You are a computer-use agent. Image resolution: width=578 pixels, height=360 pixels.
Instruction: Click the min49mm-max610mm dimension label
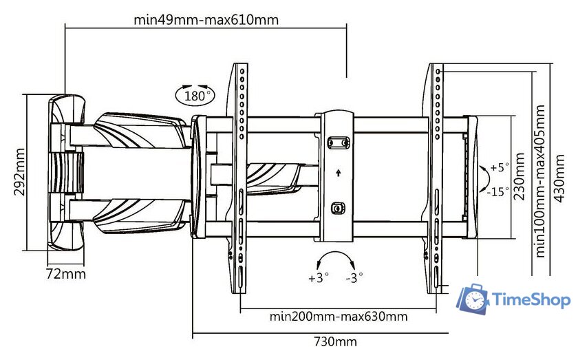[x=206, y=20]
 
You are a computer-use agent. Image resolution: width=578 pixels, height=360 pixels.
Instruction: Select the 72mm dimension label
[x=66, y=274]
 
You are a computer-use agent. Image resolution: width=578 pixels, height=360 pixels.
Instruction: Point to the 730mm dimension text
[x=336, y=341]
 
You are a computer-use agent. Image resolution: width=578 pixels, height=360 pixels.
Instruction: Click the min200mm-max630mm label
[x=338, y=317]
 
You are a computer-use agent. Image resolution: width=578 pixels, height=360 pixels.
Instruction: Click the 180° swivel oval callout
[x=195, y=95]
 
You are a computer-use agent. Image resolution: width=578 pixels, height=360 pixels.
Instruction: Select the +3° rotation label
[x=319, y=277]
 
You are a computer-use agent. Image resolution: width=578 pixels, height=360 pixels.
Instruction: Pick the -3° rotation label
[x=355, y=277]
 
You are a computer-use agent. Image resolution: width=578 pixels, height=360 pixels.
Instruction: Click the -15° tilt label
[x=498, y=192]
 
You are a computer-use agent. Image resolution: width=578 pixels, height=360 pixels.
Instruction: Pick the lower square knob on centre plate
[x=337, y=208]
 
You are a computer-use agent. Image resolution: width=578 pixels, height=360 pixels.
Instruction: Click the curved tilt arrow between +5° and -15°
[x=485, y=179]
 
